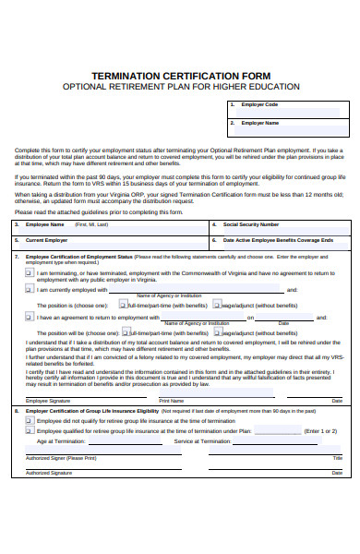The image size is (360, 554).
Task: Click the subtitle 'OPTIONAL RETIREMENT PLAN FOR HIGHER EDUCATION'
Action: click(x=181, y=87)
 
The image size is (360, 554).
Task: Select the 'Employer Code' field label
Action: click(x=259, y=104)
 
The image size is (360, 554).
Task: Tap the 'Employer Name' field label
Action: click(x=260, y=123)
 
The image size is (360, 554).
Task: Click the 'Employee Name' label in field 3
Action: click(x=45, y=224)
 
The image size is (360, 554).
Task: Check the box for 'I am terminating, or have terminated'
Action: click(x=30, y=273)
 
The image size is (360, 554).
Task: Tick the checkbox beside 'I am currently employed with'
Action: click(x=30, y=289)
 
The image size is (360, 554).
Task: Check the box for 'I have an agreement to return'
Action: click(x=30, y=317)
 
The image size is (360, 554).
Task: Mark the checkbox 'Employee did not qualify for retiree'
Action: click(x=30, y=420)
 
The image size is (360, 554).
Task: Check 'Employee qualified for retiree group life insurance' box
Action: click(x=30, y=430)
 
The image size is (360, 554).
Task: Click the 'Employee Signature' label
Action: click(x=48, y=402)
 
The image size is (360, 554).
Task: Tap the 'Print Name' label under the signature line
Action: click(x=172, y=402)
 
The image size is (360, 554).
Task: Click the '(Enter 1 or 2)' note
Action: click(x=321, y=430)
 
